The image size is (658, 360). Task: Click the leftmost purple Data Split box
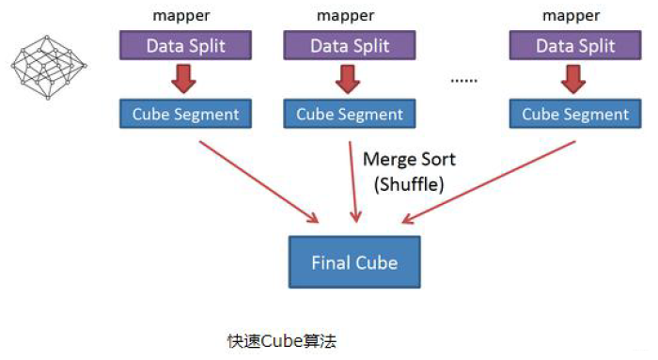(184, 45)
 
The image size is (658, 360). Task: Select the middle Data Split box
(350, 45)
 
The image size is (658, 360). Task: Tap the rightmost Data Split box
(574, 45)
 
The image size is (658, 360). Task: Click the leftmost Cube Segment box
(185, 115)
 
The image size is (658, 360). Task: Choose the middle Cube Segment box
(350, 115)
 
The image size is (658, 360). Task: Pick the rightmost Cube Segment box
(574, 115)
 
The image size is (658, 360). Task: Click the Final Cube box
(354, 262)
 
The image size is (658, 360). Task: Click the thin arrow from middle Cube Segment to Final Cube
(352, 183)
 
